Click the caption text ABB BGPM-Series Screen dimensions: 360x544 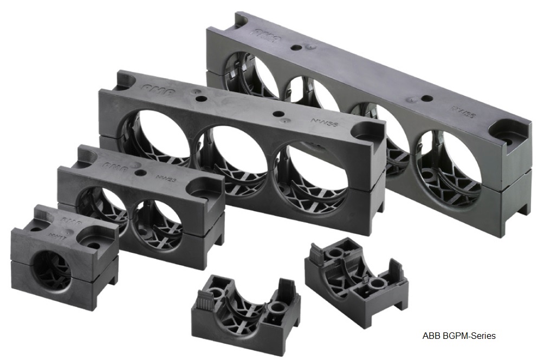(458, 336)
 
